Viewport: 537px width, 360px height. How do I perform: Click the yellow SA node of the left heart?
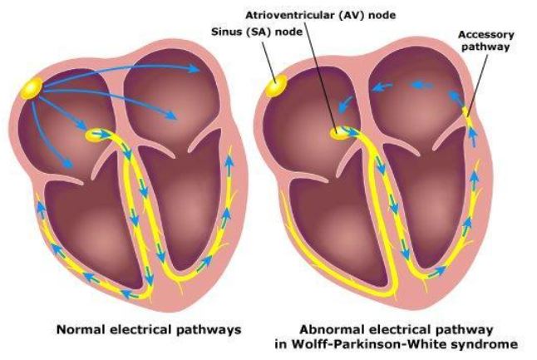pos(32,88)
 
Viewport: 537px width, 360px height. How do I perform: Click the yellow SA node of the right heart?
pos(276,86)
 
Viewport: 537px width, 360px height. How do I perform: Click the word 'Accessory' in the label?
pos(486,35)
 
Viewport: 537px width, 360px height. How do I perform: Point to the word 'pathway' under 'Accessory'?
pos(485,47)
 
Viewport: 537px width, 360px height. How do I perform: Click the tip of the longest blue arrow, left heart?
pos(200,70)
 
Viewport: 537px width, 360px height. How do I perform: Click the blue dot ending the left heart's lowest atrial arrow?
pos(68,165)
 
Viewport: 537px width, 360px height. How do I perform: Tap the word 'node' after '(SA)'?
pos(289,32)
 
